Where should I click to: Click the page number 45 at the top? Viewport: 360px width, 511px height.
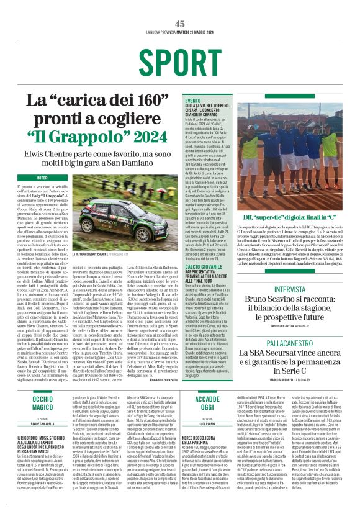(179, 24)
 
